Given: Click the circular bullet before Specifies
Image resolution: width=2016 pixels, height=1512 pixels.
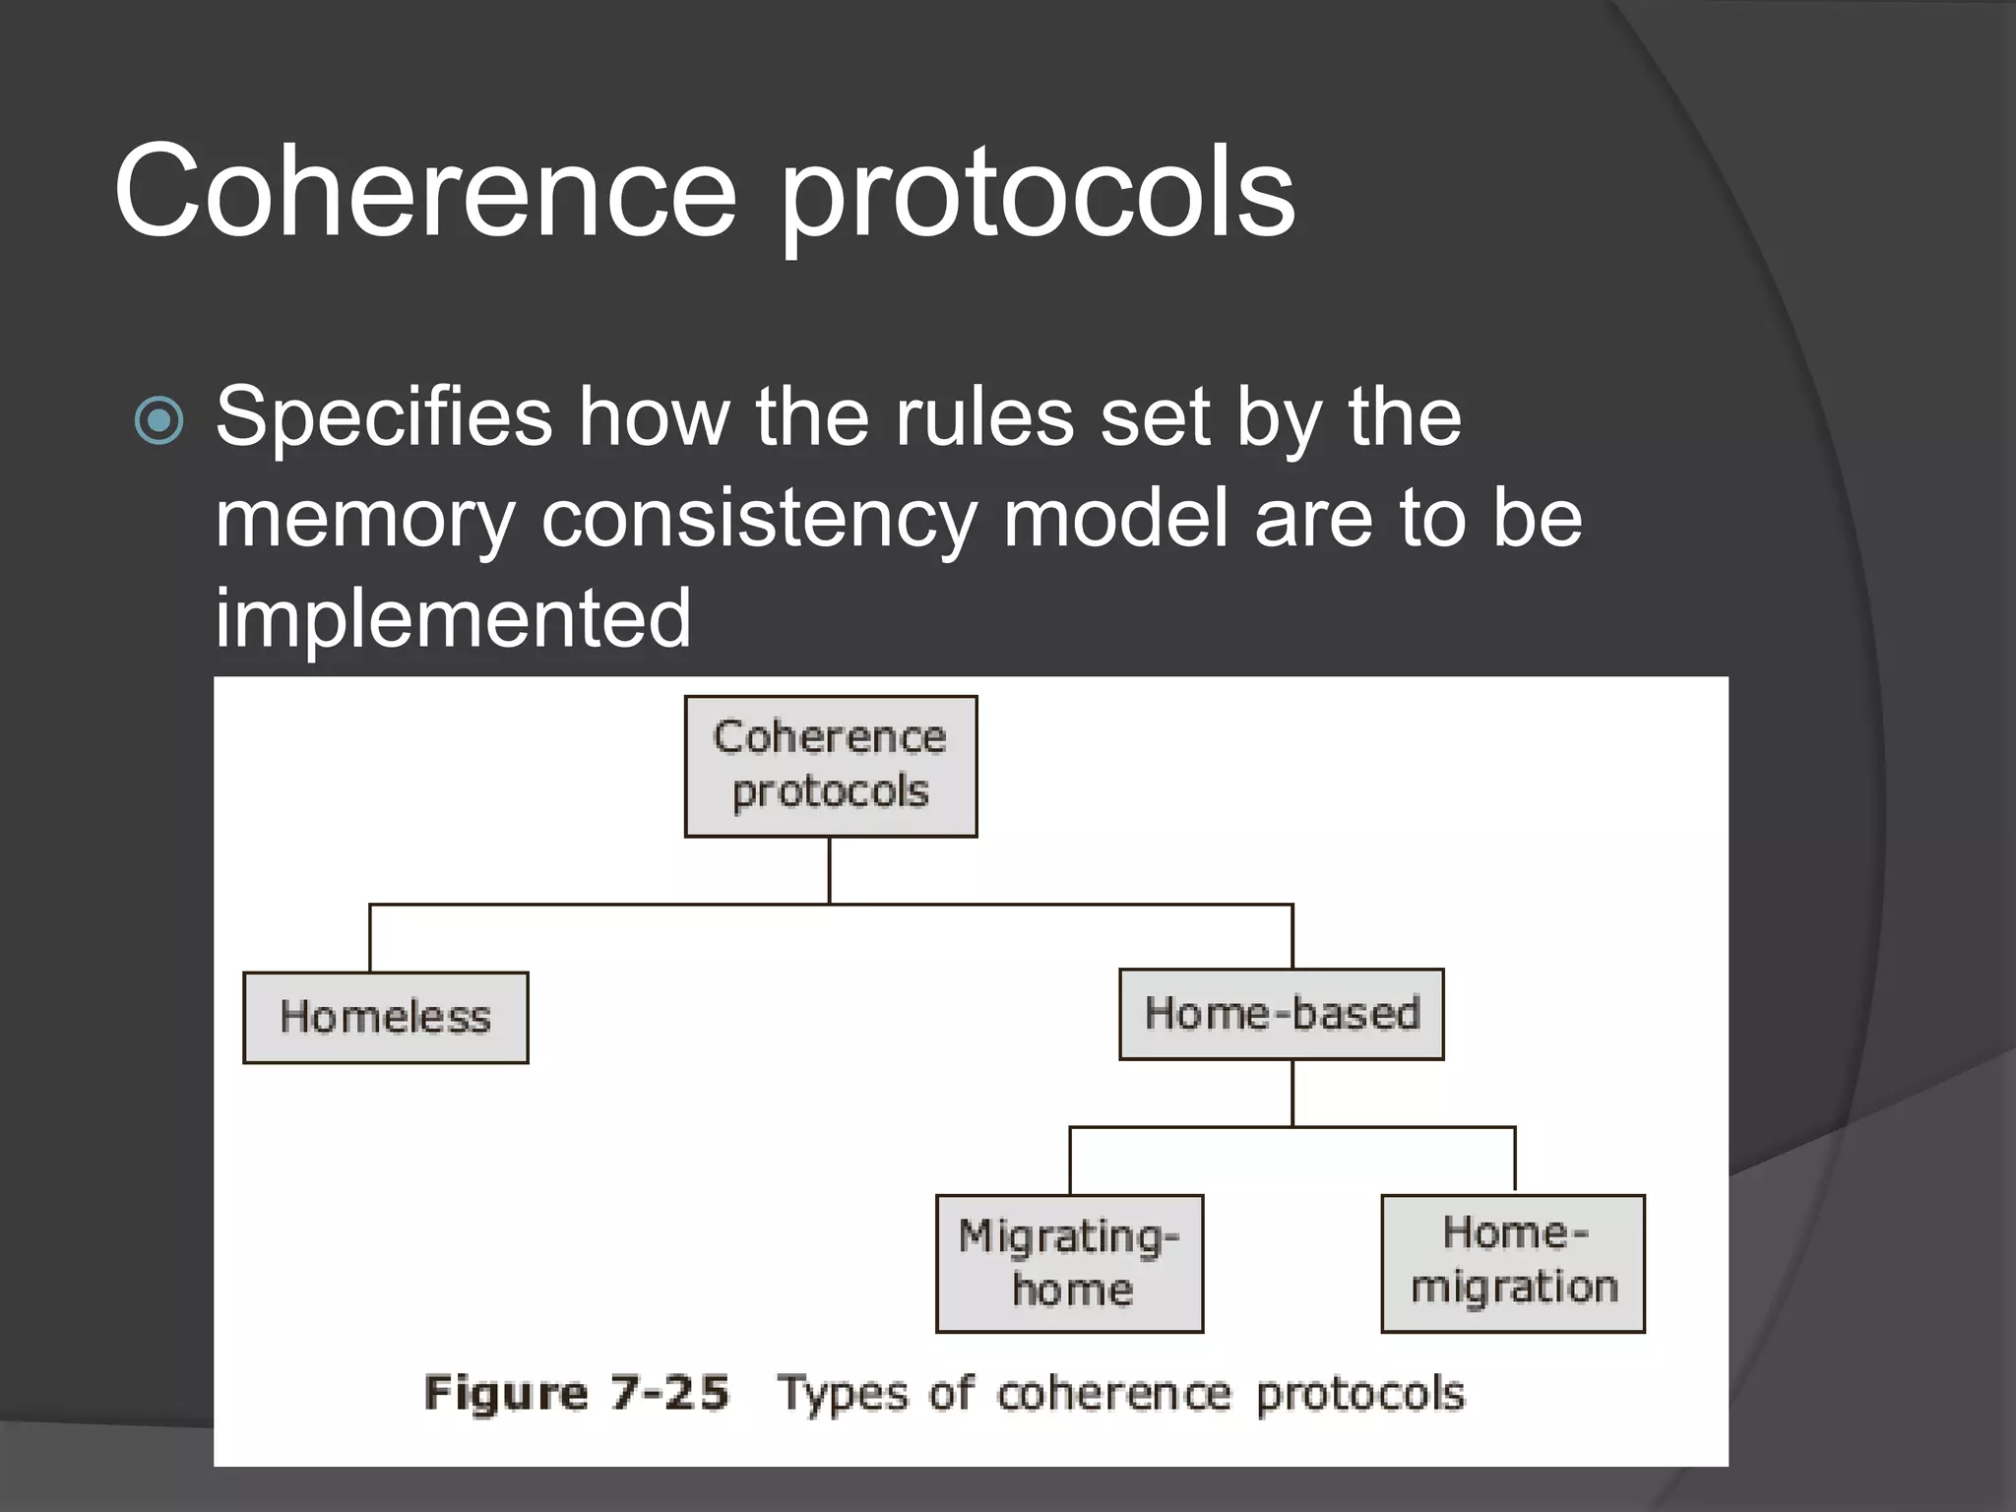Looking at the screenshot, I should tap(159, 420).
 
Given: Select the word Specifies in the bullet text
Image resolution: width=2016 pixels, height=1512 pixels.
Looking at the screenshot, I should tap(384, 417).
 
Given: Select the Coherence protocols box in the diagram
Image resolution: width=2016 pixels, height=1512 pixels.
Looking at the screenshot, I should tap(831, 766).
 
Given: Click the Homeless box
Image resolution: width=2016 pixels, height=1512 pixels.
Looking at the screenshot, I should tap(385, 1018).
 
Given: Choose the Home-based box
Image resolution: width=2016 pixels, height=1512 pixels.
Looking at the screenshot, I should tap(1282, 1014).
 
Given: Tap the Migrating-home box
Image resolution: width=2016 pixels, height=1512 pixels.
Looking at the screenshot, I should tap(1070, 1264).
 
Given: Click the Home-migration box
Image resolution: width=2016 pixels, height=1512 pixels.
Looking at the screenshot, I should tap(1514, 1263).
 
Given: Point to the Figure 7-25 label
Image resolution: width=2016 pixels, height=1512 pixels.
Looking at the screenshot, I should tap(577, 1394).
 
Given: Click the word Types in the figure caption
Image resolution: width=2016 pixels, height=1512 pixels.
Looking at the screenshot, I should tap(843, 1394).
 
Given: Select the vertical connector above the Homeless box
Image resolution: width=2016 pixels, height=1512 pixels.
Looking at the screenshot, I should tap(370, 938).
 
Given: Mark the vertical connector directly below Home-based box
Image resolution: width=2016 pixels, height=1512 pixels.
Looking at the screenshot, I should tap(1292, 1093).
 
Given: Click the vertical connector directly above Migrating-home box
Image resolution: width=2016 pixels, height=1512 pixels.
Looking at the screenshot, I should tap(1070, 1162).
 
